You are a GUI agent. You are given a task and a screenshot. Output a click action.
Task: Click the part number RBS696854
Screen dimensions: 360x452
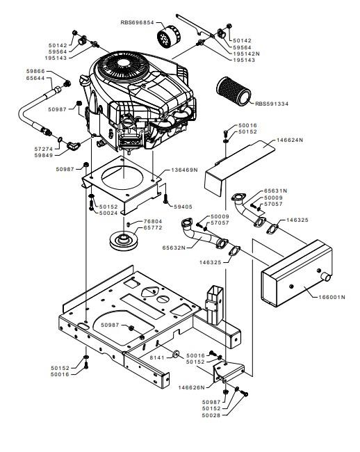(137, 22)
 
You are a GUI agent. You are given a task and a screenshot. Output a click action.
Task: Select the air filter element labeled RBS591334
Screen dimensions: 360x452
(234, 91)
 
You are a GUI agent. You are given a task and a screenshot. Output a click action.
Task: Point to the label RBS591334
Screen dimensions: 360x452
(272, 104)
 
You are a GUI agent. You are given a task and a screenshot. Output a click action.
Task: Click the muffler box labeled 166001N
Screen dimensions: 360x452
(297, 273)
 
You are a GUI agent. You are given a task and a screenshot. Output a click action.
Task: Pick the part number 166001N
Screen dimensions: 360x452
(332, 297)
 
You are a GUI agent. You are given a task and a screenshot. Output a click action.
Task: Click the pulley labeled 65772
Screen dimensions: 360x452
(124, 241)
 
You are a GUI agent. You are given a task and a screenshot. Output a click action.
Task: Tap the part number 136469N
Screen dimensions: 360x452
(184, 170)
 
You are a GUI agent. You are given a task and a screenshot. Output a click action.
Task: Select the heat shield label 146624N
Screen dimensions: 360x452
(290, 140)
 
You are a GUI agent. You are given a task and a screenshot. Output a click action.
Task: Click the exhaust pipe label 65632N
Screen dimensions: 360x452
(174, 248)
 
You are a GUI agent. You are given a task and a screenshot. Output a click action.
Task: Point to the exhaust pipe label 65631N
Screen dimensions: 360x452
(276, 191)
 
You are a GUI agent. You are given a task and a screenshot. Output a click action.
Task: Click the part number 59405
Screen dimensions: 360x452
(183, 207)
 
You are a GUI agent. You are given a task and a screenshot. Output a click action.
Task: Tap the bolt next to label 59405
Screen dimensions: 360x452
(165, 199)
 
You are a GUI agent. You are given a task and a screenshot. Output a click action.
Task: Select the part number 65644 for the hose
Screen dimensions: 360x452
(35, 78)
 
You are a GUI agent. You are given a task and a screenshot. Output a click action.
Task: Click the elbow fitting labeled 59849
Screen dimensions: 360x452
(74, 145)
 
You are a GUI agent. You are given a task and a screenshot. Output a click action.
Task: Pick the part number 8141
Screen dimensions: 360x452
(157, 357)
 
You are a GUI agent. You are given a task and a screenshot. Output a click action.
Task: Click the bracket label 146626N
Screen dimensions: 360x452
(192, 387)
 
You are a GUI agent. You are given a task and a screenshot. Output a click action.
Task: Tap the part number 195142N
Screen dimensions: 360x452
(246, 54)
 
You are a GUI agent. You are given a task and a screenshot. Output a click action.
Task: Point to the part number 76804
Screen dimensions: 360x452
(153, 221)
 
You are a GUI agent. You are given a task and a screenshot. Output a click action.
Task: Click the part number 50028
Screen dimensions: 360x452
(211, 415)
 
